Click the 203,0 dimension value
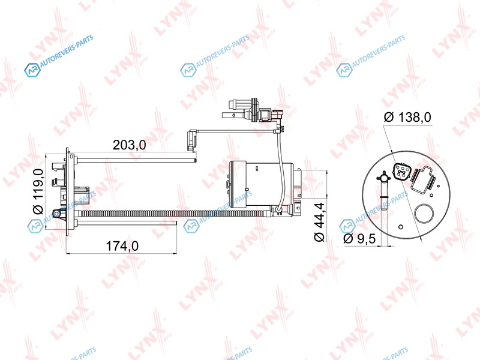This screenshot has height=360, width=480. (130, 145)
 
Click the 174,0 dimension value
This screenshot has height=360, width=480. (122, 246)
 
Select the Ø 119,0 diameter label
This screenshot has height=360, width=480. (38, 191)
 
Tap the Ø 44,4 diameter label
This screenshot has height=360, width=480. (320, 222)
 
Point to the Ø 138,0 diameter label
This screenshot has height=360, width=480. (407, 117)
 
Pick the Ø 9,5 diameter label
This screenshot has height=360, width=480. (359, 238)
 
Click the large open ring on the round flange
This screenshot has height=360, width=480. (424, 213)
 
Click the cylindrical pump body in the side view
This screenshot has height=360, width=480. (262, 184)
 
